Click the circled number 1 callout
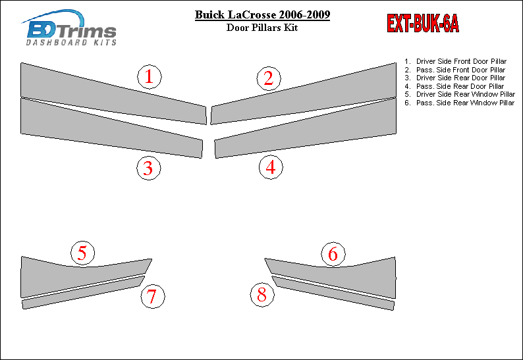pyautogui.click(x=150, y=76)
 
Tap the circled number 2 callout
pyautogui.click(x=269, y=79)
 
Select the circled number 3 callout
pyautogui.click(x=149, y=168)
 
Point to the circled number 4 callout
pyautogui.click(x=271, y=167)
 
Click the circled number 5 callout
pyautogui.click(x=83, y=253)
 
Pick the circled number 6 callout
pyautogui.click(x=333, y=254)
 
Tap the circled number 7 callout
pyautogui.click(x=153, y=296)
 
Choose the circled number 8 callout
pyautogui.click(x=263, y=295)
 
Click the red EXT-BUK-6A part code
pyautogui.click(x=423, y=23)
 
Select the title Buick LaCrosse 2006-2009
pyautogui.click(x=263, y=14)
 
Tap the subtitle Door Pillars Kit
pyautogui.click(x=262, y=28)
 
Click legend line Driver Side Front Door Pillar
pyautogui.click(x=456, y=61)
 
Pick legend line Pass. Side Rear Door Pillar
pyautogui.click(x=454, y=86)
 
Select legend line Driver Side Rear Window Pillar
pyautogui.click(x=460, y=94)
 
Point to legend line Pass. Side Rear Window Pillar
pyautogui.click(x=460, y=103)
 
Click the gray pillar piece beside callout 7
pyautogui.click(x=84, y=293)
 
